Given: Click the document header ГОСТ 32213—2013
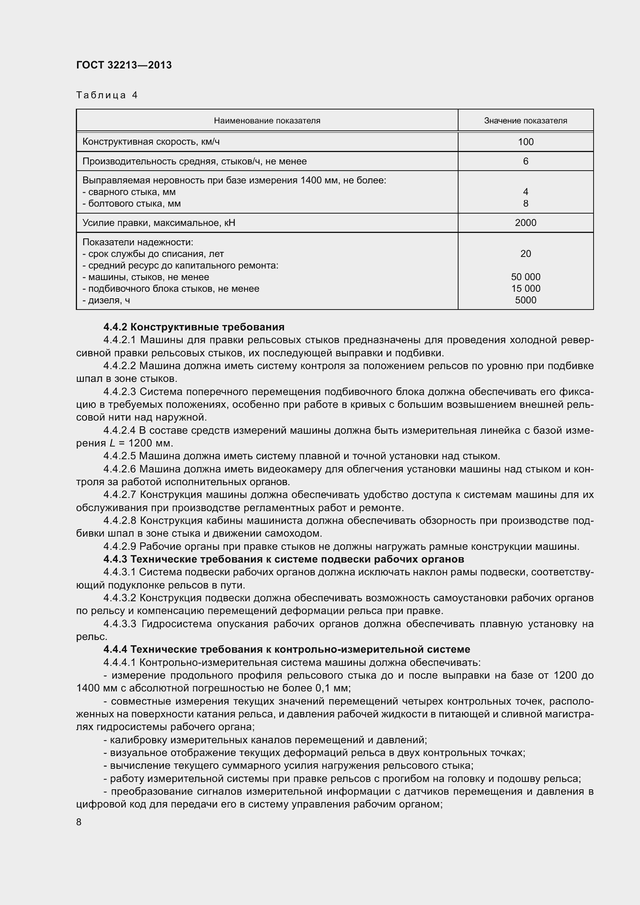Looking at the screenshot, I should point(124,65).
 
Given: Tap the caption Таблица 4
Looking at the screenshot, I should point(107,95).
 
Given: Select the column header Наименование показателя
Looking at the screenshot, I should point(267,121).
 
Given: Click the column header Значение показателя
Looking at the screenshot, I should point(525,121).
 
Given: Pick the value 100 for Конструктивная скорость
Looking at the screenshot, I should point(525,142).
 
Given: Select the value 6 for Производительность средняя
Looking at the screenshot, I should point(525,161).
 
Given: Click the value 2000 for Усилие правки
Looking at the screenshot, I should point(525,223).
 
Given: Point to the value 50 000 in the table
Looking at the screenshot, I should point(525,277).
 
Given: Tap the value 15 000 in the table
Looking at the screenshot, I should point(525,289).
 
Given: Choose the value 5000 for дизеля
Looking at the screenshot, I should point(525,300).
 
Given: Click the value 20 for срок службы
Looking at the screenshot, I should point(525,254).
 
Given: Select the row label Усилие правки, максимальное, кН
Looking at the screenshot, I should point(158,223).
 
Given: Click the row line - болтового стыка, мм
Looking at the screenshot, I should point(132,204).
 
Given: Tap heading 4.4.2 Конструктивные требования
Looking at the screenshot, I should point(193,327).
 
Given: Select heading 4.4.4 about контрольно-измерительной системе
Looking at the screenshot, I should point(286,649).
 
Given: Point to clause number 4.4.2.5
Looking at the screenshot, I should point(120,456).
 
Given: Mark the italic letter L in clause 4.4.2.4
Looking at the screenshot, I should point(112,443).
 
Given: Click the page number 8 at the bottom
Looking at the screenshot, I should point(79,823).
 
